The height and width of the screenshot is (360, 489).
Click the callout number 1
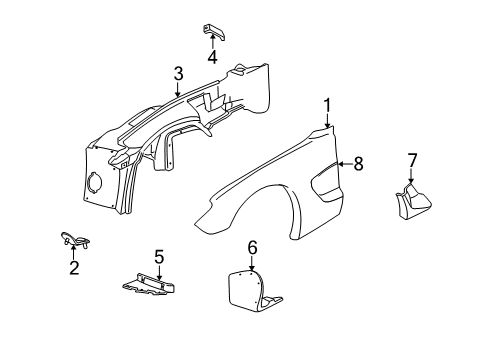[327, 104]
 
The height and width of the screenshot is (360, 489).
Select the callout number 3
[177, 73]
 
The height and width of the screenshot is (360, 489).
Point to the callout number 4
[212, 56]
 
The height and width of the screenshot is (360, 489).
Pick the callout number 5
[159, 258]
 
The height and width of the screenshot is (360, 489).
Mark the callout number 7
[411, 162]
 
